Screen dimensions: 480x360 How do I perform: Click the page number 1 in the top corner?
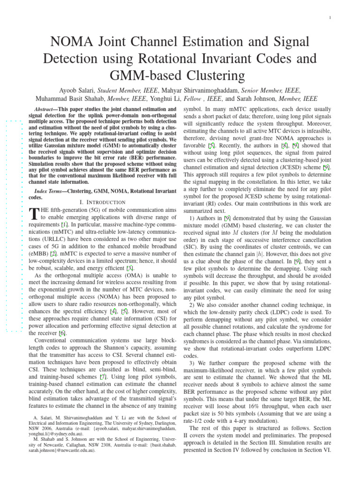point(330,18)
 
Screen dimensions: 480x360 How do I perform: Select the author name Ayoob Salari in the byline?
point(79,90)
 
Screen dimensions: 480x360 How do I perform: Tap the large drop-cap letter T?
point(33,215)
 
